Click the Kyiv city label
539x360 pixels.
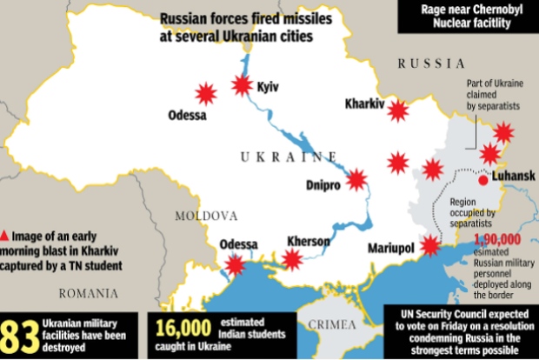coord(268,87)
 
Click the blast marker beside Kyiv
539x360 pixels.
coord(242,85)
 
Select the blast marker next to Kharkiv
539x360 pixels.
coord(398,111)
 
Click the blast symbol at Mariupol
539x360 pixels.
coord(429,247)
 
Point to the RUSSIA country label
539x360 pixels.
coord(431,63)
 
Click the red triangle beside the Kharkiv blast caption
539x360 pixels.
coord(6,235)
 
